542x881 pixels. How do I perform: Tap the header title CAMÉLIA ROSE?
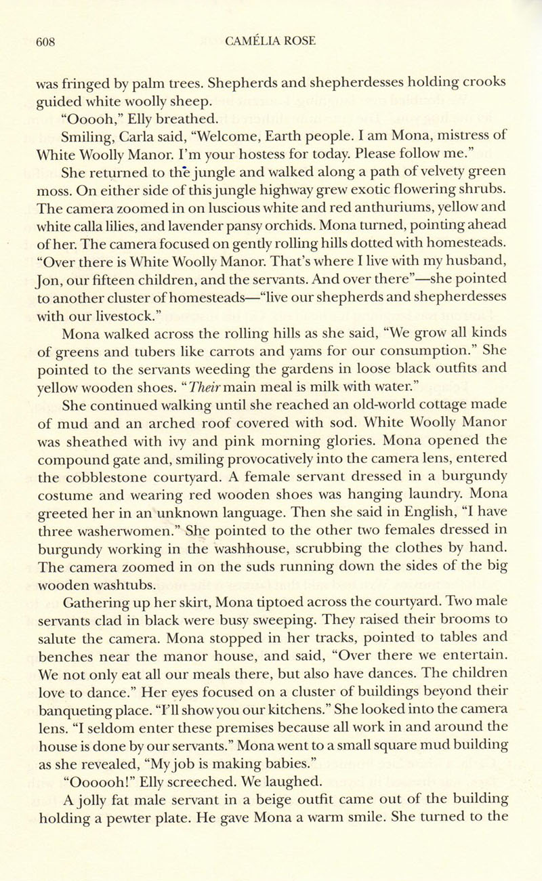271,41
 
